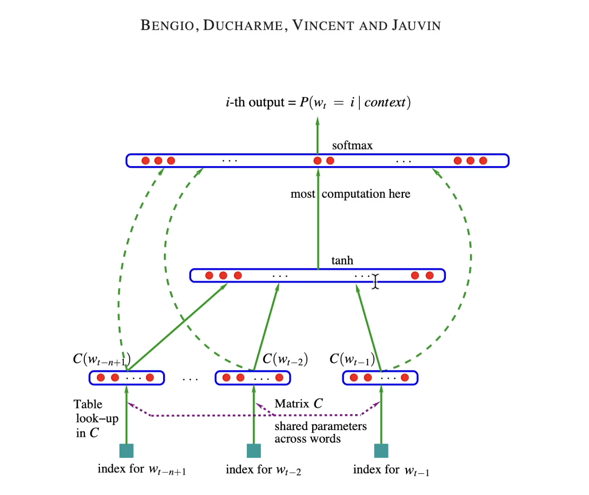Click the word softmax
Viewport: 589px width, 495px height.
[x=352, y=146]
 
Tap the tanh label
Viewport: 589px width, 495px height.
[x=342, y=260]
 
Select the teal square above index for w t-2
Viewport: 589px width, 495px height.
[x=254, y=450]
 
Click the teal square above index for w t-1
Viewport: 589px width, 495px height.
[x=381, y=450]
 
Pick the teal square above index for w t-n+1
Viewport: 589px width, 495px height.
[x=126, y=450]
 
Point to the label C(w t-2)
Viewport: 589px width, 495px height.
[x=285, y=359]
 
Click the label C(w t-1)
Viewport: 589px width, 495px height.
[x=352, y=359]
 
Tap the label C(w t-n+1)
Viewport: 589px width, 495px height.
[x=101, y=360]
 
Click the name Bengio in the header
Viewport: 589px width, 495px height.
[x=167, y=26]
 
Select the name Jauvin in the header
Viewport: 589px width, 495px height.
[x=416, y=26]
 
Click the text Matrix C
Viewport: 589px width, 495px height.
[x=298, y=404]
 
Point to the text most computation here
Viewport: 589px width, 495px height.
[x=350, y=194]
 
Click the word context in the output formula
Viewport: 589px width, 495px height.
[x=385, y=103]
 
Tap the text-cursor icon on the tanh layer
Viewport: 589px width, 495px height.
[x=375, y=281]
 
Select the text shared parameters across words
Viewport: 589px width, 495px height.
[x=320, y=432]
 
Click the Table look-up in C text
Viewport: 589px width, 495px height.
[x=96, y=418]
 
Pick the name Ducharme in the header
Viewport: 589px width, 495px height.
[x=243, y=26]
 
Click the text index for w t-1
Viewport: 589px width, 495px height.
[x=391, y=470]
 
